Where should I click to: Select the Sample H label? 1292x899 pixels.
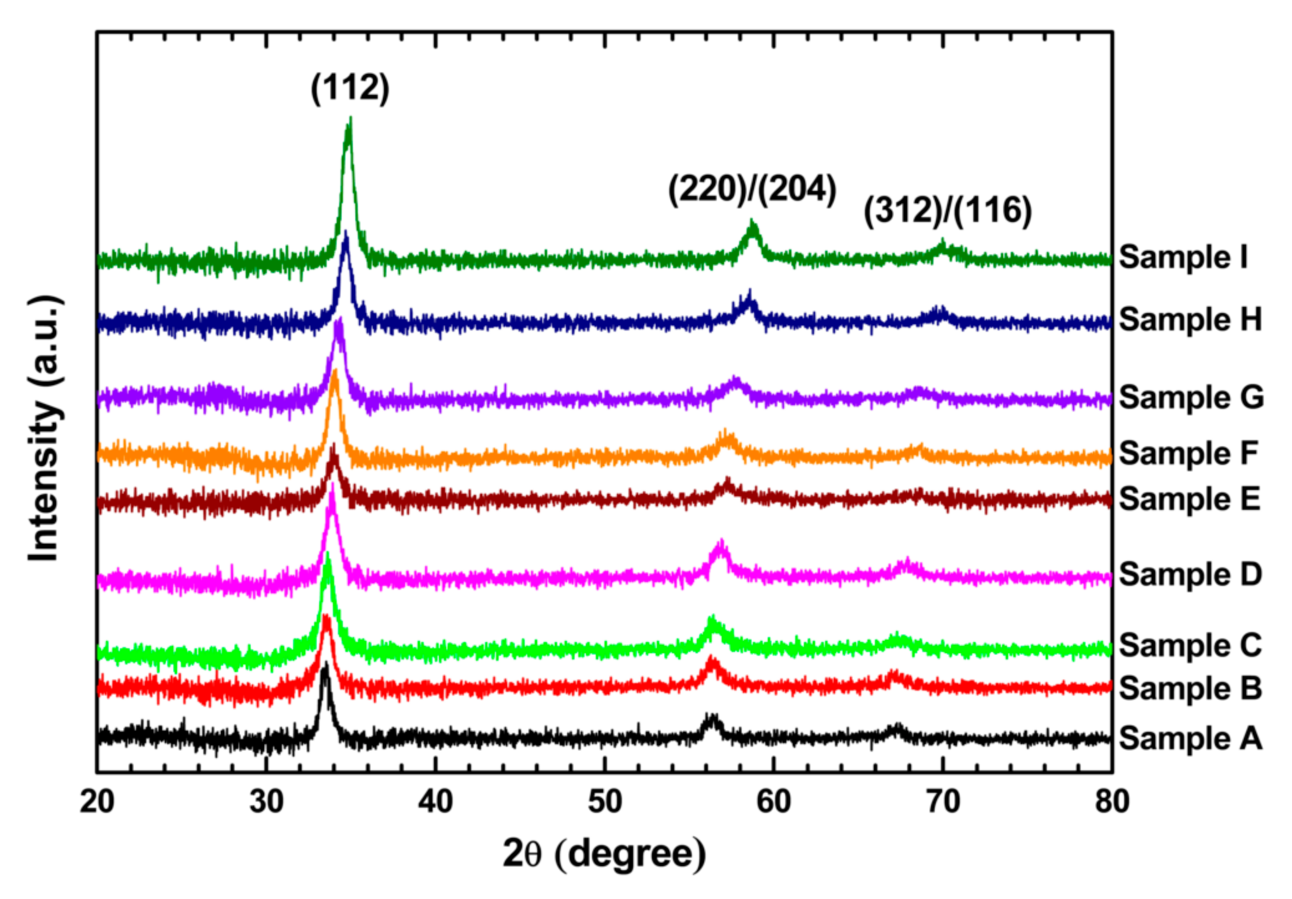(x=1190, y=320)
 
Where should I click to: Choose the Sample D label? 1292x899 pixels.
(x=1190, y=575)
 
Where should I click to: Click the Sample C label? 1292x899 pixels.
(x=1190, y=645)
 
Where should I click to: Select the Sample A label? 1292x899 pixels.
(x=1190, y=738)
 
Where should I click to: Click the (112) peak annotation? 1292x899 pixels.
(x=350, y=89)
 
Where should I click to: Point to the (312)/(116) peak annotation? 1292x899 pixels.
(x=948, y=211)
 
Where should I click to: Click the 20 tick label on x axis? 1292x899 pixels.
(x=97, y=802)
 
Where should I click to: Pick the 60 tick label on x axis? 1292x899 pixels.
(x=774, y=802)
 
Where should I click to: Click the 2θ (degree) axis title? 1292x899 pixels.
(x=604, y=854)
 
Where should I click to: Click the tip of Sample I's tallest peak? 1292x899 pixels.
(x=351, y=118)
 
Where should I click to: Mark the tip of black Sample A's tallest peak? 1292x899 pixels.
(x=325, y=663)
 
